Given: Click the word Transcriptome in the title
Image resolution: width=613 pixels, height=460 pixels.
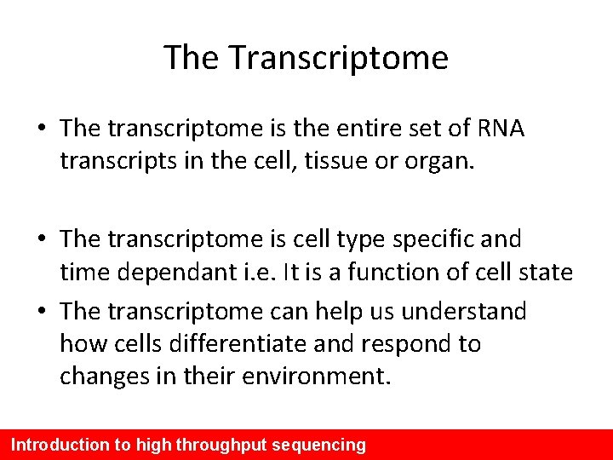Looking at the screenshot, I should (x=339, y=58).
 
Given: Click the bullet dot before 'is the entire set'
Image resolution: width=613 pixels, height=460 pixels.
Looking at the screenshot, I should (x=42, y=129).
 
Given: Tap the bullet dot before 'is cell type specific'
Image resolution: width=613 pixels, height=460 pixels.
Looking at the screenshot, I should (x=42, y=239).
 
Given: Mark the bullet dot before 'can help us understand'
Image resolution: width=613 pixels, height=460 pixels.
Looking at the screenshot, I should (x=42, y=312).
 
